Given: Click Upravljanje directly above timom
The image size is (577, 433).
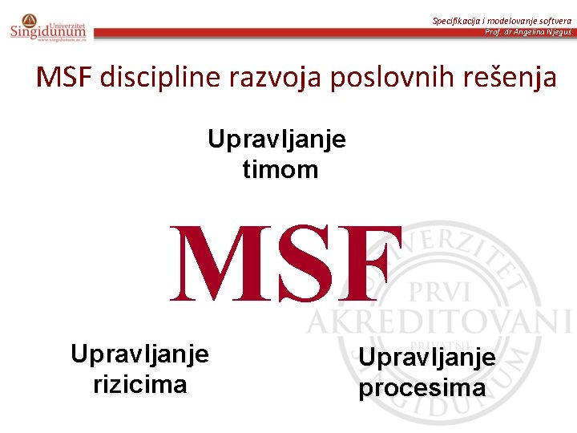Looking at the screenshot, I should [277, 140].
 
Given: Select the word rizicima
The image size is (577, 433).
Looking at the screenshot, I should [140, 384].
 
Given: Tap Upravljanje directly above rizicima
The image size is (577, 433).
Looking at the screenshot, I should [140, 354].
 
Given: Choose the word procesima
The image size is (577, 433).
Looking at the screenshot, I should [422, 388].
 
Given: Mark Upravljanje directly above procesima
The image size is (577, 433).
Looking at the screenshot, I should [427, 358].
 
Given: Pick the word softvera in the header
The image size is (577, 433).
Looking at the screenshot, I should [554, 20].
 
